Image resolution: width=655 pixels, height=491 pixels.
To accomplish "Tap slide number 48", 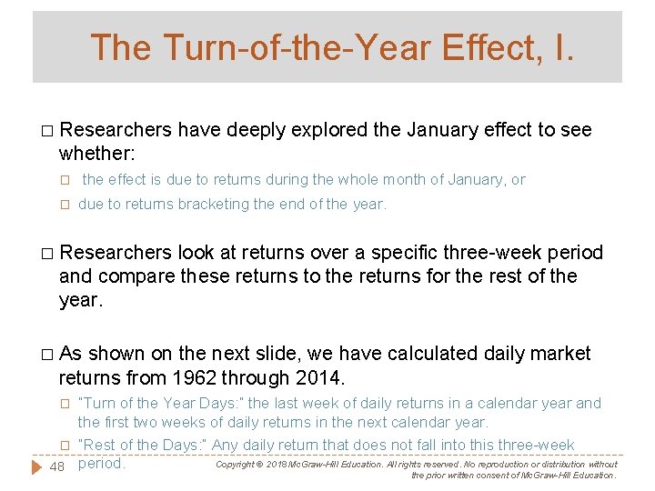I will [56, 466].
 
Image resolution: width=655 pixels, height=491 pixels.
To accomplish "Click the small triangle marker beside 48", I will [35, 466].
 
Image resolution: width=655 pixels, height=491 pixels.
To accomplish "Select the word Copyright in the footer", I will [237, 465].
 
